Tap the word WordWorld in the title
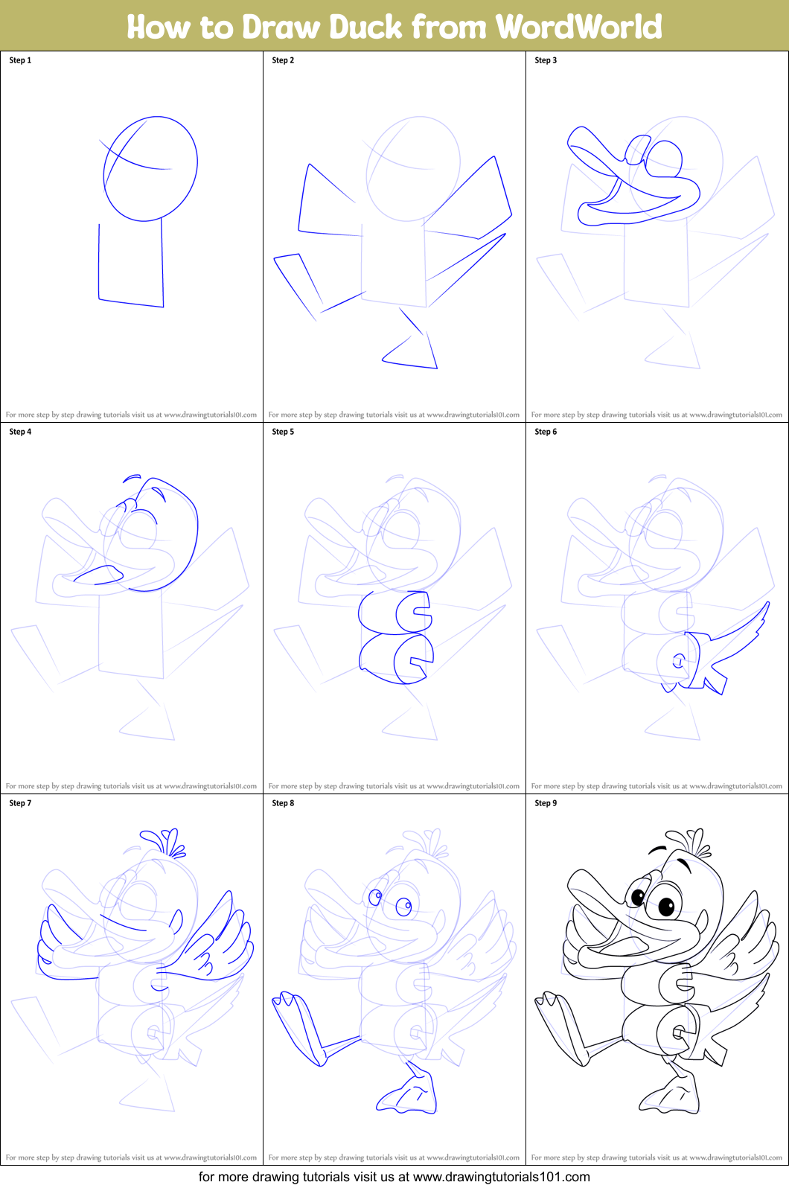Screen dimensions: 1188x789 (x=578, y=27)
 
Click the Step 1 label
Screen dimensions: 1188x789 (x=20, y=60)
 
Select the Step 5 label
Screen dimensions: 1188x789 (x=283, y=432)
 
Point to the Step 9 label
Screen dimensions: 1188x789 (x=546, y=803)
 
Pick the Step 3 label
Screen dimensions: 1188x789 (x=546, y=60)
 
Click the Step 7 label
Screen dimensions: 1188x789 (x=20, y=803)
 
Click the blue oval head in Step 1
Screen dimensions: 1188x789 (x=150, y=168)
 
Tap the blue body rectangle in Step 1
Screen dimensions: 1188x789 (x=131, y=264)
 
